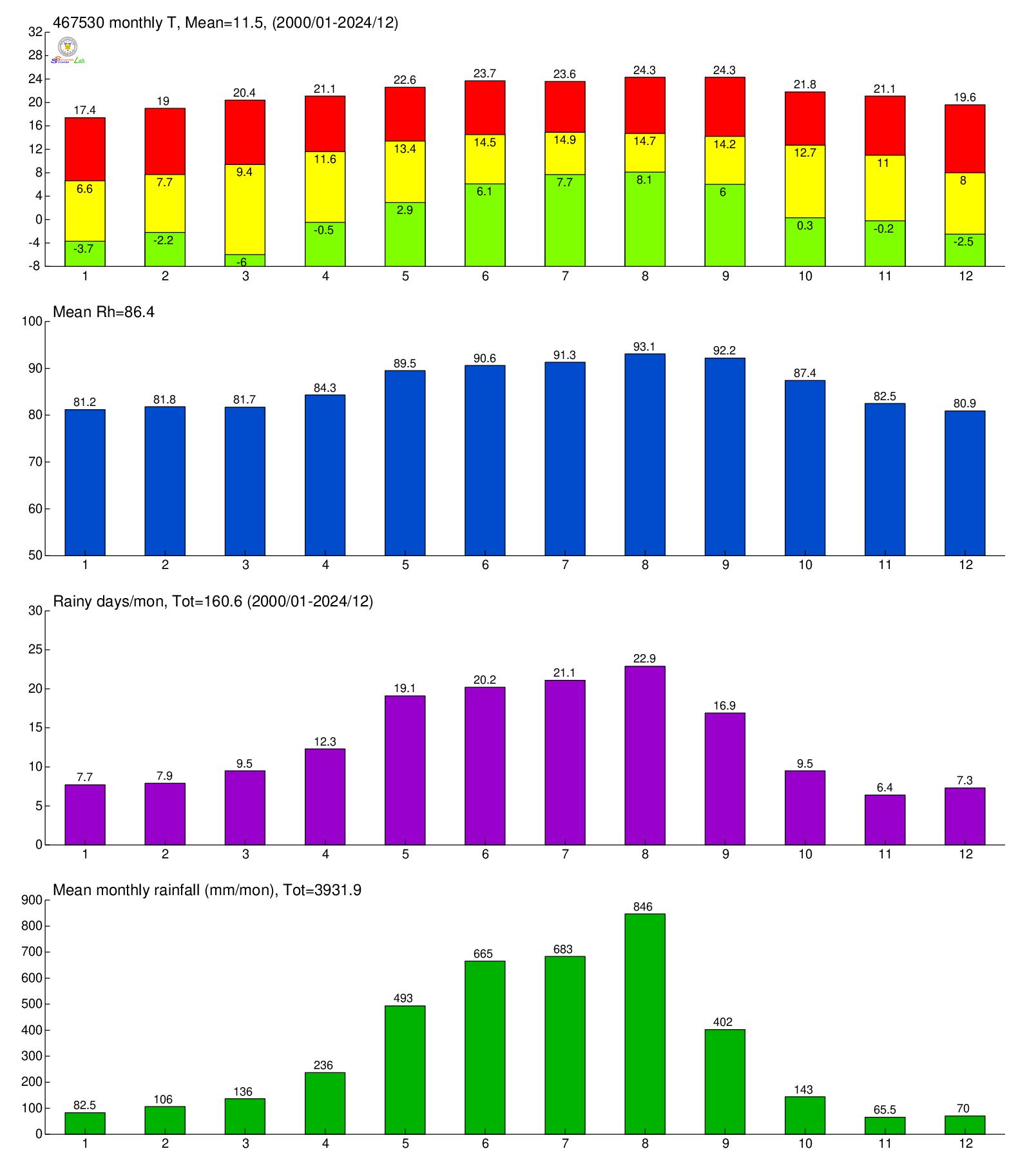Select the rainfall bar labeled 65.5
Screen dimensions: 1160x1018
click(x=885, y=1125)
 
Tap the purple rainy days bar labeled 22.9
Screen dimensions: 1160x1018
click(x=644, y=755)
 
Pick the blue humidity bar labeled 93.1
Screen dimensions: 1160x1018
click(x=644, y=454)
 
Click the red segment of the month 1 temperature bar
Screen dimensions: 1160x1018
click(x=85, y=150)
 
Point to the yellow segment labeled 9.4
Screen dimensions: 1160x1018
click(x=245, y=209)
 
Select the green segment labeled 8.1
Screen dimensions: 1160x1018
click(x=644, y=219)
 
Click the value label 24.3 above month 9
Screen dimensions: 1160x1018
click(x=724, y=70)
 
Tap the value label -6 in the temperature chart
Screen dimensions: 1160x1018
click(x=242, y=262)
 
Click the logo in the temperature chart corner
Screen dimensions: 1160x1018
click(x=68, y=50)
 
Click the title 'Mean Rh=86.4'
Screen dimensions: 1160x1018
click(x=104, y=313)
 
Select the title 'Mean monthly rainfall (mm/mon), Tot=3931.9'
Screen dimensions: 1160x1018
click(x=207, y=891)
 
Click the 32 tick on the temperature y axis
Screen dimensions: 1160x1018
click(x=35, y=32)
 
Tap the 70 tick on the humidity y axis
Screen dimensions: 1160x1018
click(x=35, y=462)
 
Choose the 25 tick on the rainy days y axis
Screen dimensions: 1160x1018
click(x=35, y=650)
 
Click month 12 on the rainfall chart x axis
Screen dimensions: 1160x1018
click(x=965, y=1143)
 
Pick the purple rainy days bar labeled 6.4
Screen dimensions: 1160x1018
click(x=885, y=820)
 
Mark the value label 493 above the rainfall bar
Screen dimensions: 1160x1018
click(x=403, y=998)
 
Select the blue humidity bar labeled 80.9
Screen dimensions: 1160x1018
click(x=965, y=483)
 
